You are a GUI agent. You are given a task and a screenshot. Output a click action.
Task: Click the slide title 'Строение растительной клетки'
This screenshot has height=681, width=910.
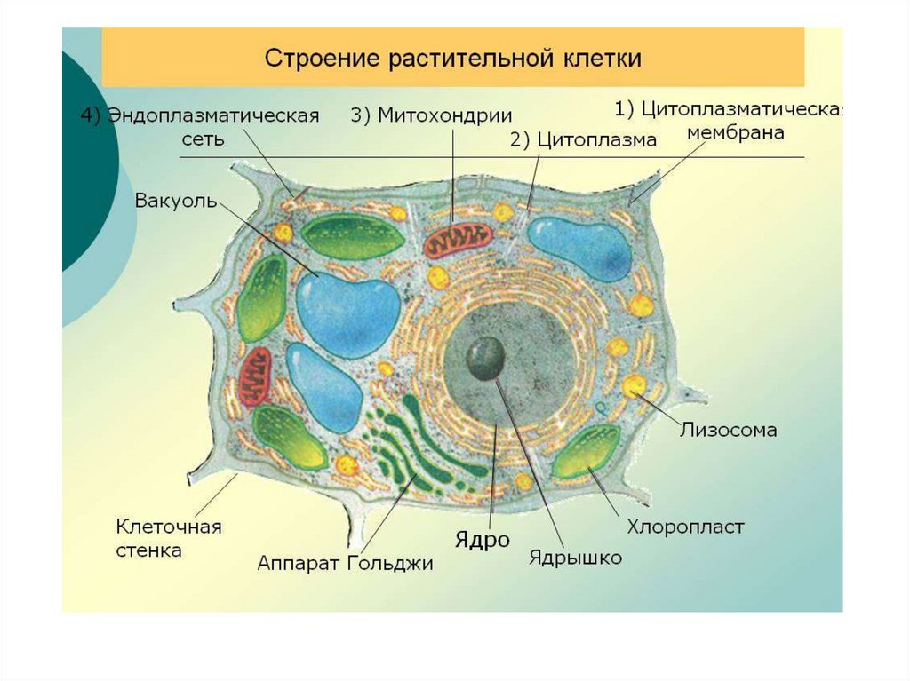453,59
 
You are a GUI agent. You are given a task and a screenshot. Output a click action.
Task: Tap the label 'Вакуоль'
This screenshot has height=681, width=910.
175,200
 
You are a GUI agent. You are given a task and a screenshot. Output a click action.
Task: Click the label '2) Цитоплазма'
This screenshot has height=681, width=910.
583,139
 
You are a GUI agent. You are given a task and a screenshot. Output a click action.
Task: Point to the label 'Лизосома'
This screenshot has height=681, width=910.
729,431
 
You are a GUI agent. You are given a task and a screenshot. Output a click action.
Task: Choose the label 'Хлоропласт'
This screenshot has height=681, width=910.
685,527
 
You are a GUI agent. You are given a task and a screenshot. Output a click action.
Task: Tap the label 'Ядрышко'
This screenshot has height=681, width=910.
575,558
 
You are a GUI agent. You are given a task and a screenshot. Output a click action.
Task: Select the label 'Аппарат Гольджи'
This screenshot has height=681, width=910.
345,563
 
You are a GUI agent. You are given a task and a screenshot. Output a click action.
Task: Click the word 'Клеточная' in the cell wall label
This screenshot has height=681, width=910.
169,527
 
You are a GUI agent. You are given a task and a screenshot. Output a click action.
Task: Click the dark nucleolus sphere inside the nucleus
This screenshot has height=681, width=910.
487,358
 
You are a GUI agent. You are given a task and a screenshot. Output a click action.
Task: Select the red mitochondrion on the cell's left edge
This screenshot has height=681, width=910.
257,376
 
